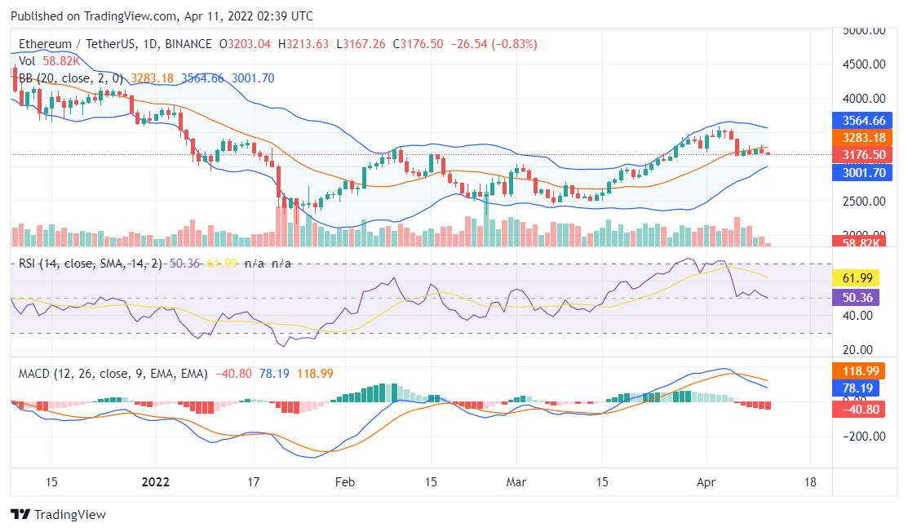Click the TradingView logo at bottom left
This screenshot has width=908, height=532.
click(58, 515)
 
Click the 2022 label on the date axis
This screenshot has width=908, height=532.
click(157, 481)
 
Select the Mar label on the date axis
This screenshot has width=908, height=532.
click(515, 481)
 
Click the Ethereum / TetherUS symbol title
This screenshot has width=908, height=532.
click(89, 43)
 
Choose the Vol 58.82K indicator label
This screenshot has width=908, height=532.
click(50, 61)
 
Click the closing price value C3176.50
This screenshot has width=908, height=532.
click(420, 43)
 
